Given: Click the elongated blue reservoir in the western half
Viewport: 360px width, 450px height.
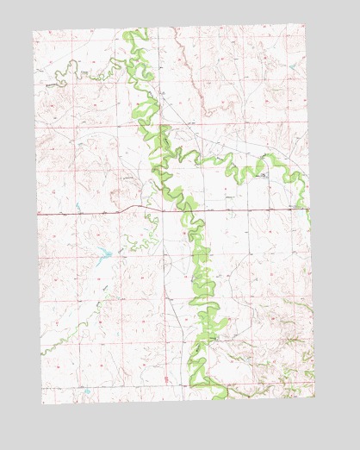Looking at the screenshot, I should pyautogui.click(x=103, y=253).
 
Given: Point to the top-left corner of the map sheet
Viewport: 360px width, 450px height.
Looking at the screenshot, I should pyautogui.click(x=33, y=32).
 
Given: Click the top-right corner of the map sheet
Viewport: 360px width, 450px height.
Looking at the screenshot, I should pyautogui.click(x=304, y=24).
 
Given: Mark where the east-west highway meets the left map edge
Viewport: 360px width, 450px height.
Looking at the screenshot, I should pyautogui.click(x=37, y=213).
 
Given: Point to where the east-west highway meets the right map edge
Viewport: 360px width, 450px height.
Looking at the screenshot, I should pyautogui.click(x=309, y=208).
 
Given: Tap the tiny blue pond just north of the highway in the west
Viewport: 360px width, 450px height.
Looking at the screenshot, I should pyautogui.click(x=78, y=205).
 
